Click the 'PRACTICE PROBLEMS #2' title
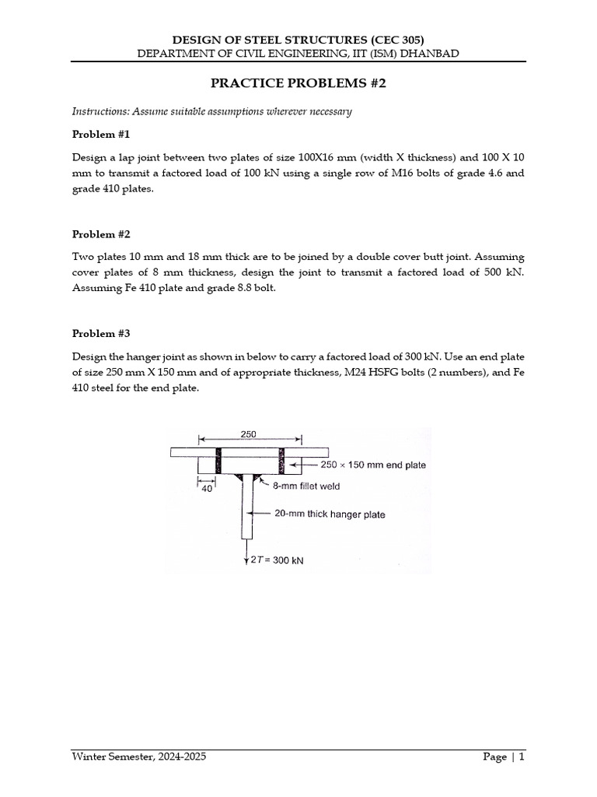click(298, 83)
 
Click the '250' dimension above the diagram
click(249, 434)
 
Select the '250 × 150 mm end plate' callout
click(373, 465)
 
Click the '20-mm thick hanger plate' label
click(330, 514)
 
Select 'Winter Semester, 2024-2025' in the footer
click(139, 757)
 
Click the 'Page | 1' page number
click(504, 757)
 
